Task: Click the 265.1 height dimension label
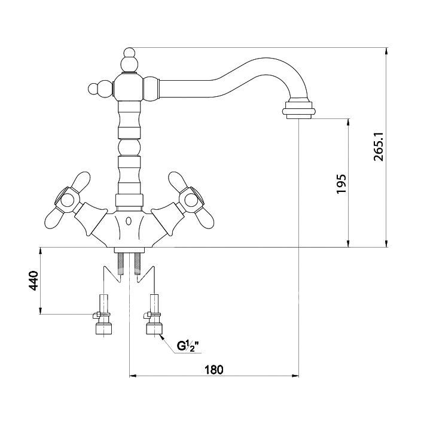[379, 147]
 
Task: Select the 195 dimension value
[341, 184]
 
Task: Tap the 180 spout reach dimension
[214, 370]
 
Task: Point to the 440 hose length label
[34, 280]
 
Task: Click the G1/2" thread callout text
[188, 346]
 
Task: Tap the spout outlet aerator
[298, 110]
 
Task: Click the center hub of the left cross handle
[67, 200]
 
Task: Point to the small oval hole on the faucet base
[129, 221]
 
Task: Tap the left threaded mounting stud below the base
[121, 264]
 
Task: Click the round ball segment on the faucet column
[129, 147]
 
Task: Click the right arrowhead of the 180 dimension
[295, 376]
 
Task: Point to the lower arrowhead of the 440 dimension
[40, 311]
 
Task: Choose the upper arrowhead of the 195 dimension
[348, 122]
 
